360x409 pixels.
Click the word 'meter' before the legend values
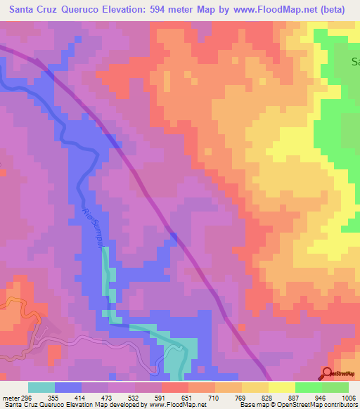[x=11, y=397]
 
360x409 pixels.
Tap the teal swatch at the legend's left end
[x=41, y=387]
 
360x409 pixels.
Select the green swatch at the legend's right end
[x=335, y=387]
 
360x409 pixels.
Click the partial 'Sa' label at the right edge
[x=355, y=61]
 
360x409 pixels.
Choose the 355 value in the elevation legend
[x=52, y=397]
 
